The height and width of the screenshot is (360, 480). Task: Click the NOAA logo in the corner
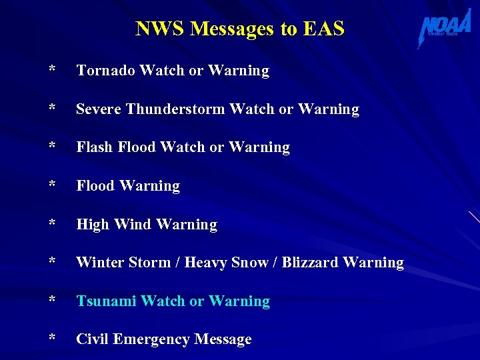pyautogui.click(x=445, y=29)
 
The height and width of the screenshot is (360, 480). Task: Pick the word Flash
pyautogui.click(x=94, y=147)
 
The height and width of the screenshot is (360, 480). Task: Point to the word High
pyautogui.click(x=91, y=225)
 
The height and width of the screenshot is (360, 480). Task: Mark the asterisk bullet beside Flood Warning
pyautogui.click(x=52, y=185)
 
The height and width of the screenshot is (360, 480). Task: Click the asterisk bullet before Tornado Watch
pyautogui.click(x=52, y=70)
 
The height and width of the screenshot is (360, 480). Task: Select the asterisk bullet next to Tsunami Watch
pyautogui.click(x=52, y=301)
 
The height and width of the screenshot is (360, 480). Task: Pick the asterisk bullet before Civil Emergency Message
pyautogui.click(x=52, y=339)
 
